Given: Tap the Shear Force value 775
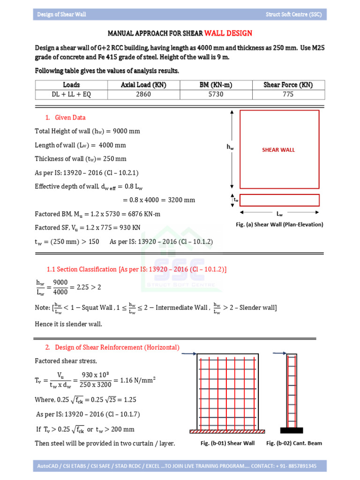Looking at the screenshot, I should click(288, 94).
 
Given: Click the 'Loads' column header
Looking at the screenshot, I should click(71, 85).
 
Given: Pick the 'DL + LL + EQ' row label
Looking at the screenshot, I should click(71, 94).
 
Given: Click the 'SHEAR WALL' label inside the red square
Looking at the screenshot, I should click(278, 150).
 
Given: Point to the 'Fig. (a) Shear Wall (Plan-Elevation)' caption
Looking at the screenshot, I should click(279, 225).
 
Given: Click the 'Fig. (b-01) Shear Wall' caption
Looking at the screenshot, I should click(227, 443).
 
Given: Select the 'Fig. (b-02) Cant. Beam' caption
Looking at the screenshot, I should click(294, 443).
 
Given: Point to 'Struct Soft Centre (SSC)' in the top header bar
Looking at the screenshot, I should click(293, 15).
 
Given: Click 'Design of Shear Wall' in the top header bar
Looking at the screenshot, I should click(62, 15).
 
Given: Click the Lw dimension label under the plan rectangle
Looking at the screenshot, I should click(279, 213).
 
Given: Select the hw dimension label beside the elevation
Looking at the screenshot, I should click(230, 147).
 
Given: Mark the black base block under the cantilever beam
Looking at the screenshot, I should click(292, 430).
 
